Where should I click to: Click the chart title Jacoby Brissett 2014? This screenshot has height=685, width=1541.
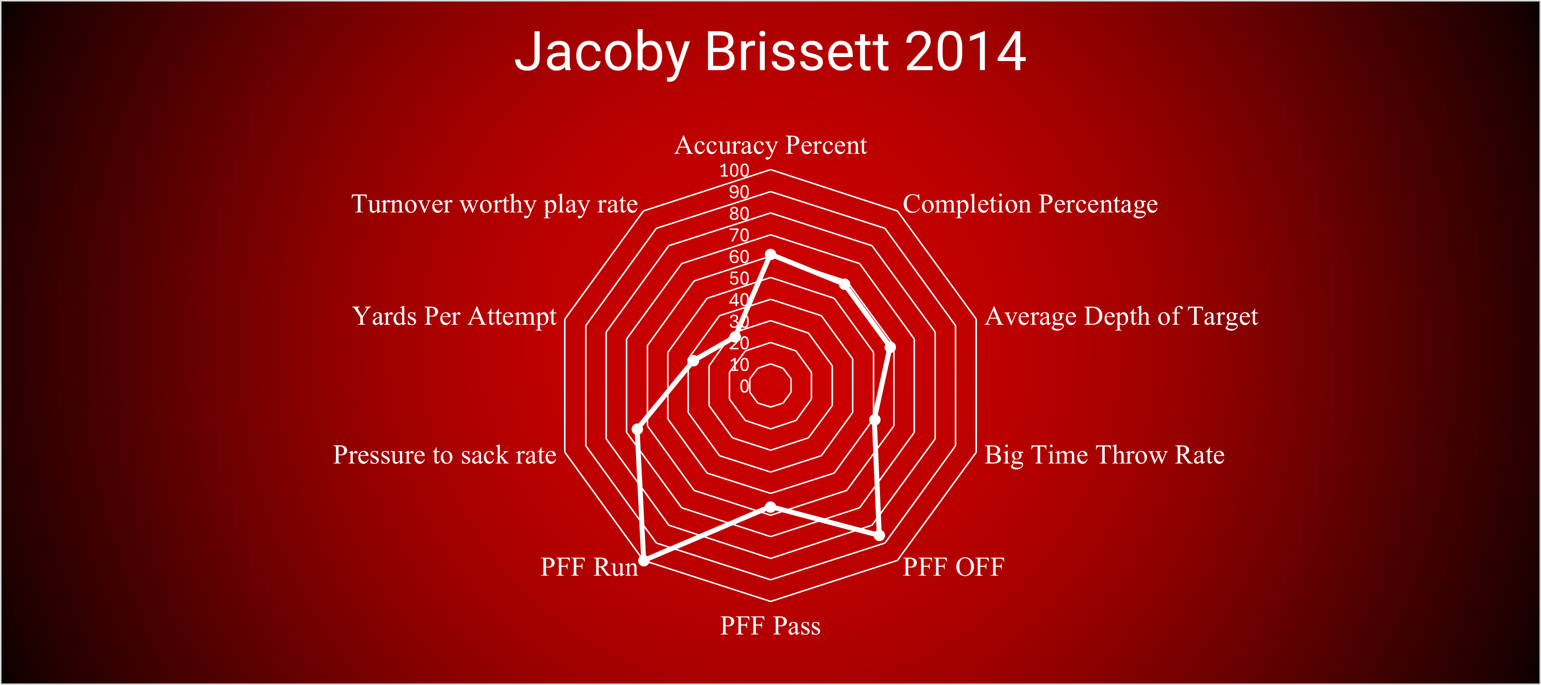(770, 52)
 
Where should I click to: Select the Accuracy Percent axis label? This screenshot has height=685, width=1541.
(770, 145)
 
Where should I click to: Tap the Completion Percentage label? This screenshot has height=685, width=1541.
(1030, 204)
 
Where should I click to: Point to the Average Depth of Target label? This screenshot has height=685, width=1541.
(1121, 316)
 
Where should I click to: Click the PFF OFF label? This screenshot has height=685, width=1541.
(954, 567)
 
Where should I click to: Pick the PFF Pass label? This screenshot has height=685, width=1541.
(770, 626)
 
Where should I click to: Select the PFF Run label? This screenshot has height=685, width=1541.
(589, 567)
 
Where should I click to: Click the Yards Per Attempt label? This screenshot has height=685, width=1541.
(455, 316)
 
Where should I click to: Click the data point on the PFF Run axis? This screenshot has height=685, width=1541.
(644, 560)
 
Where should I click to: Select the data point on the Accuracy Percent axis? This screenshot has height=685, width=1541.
(770, 255)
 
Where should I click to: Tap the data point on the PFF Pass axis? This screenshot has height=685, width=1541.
(770, 507)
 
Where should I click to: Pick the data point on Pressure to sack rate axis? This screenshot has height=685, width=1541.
(638, 429)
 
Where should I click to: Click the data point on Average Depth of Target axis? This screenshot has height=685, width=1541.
(890, 347)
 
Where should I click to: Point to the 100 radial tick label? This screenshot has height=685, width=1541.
(734, 170)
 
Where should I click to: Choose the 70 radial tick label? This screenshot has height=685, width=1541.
(739, 235)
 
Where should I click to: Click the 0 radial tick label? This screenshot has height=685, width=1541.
(744, 386)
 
